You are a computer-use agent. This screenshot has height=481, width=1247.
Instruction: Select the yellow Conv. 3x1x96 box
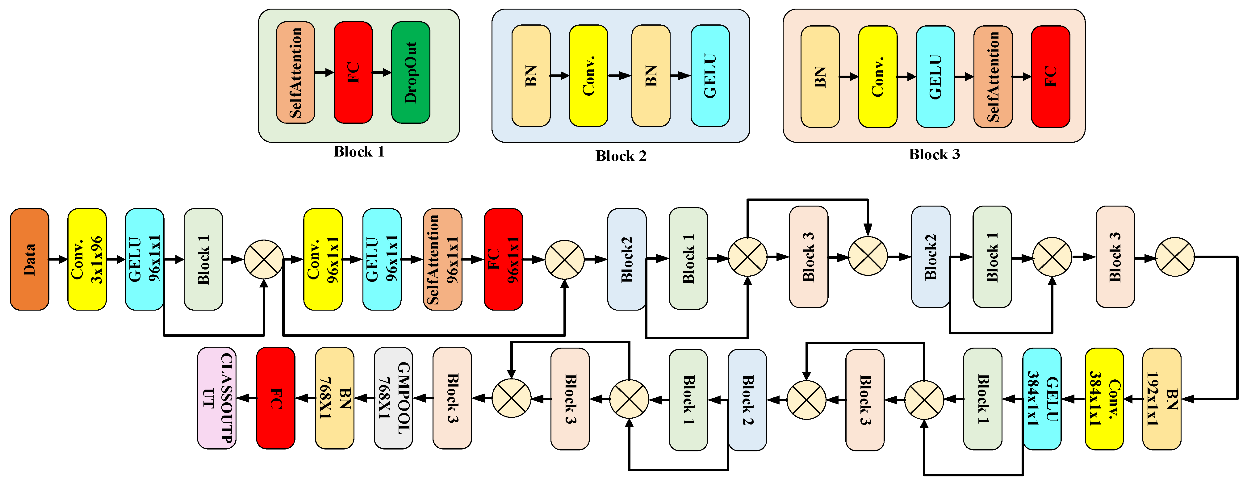pos(87,259)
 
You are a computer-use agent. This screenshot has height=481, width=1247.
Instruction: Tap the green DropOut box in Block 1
pos(411,73)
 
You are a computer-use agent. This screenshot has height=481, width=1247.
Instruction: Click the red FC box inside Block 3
pos(1050,77)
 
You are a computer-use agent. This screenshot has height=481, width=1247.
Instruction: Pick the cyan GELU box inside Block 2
pos(710,76)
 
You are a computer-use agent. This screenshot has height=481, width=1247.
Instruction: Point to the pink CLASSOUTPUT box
pos(216,398)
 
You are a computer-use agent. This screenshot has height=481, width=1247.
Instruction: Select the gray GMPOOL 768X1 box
pos(393,398)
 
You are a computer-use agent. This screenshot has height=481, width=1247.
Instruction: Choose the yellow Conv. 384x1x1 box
pos(1104,399)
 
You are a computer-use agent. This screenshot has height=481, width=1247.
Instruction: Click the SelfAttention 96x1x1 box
pos(442,259)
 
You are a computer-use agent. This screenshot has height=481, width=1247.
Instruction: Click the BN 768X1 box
pos(334,398)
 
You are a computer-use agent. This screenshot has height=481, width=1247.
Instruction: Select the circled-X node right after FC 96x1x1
pos(564,259)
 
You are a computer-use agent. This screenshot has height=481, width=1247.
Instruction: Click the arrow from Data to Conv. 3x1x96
pos(58,259)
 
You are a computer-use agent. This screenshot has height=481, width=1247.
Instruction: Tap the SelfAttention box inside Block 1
pos(295,73)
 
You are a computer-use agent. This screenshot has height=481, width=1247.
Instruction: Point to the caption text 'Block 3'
pos(934,154)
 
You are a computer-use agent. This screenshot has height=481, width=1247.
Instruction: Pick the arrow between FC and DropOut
pos(382,73)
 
